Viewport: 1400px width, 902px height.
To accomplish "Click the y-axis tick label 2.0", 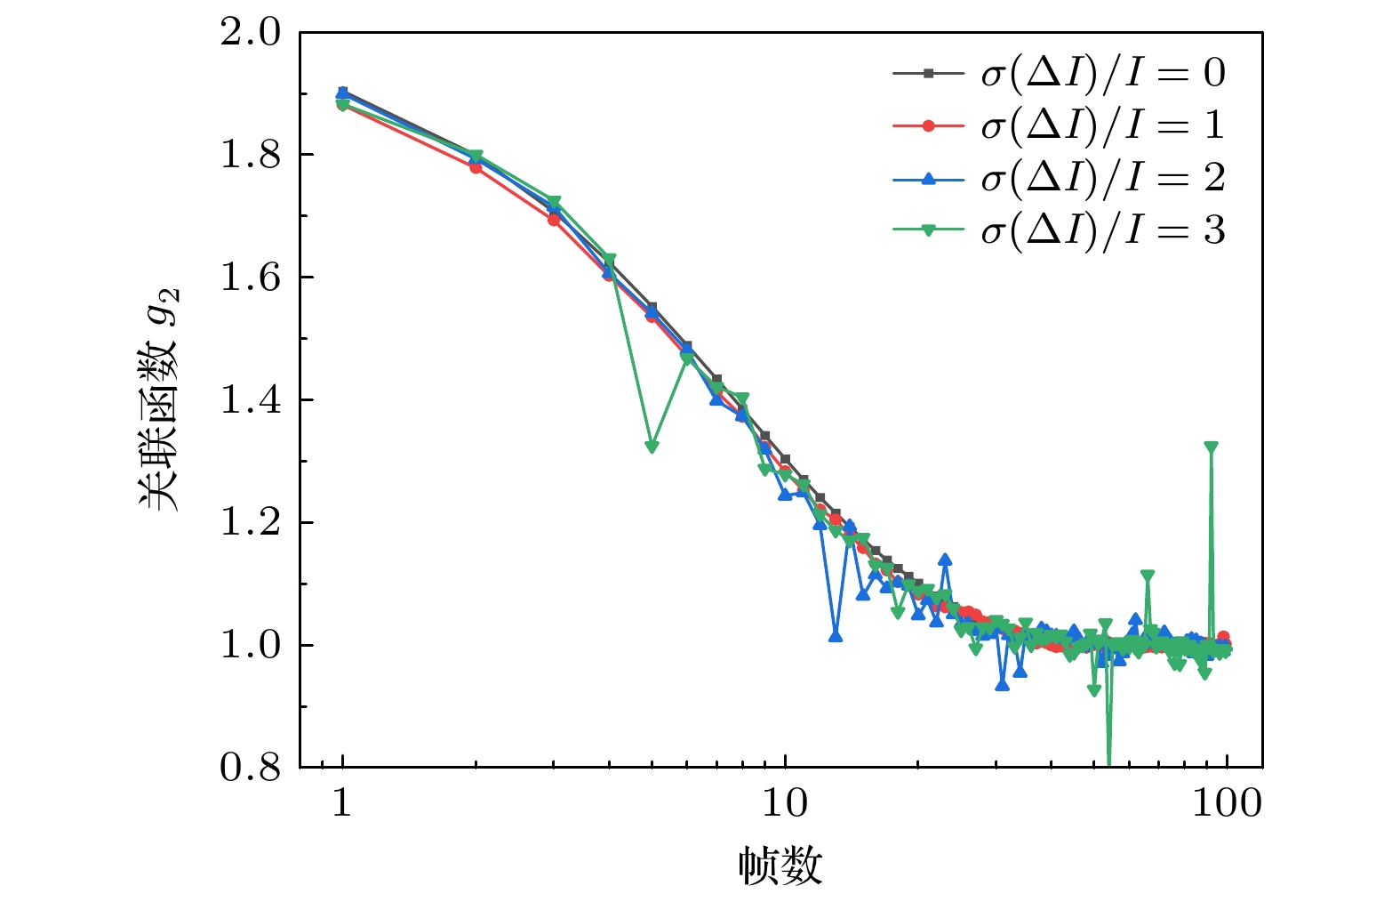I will [x=250, y=33].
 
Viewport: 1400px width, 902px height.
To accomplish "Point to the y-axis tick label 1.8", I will [x=250, y=155].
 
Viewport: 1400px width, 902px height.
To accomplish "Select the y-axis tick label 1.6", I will [x=250, y=278].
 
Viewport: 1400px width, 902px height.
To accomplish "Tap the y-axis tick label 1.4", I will [x=250, y=400].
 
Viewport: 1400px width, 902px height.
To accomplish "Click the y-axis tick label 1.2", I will [x=250, y=522].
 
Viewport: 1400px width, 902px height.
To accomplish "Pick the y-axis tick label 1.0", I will [x=250, y=645].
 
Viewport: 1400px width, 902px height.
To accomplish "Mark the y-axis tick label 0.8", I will [x=250, y=767].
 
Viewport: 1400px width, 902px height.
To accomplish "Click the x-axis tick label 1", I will [x=342, y=803].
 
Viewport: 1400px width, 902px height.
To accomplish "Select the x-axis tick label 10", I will [x=785, y=803].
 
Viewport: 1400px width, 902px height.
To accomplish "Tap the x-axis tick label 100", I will [x=1227, y=803].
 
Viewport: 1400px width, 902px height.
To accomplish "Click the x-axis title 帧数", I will [x=780, y=866].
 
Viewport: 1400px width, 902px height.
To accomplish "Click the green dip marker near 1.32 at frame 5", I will [x=652, y=447].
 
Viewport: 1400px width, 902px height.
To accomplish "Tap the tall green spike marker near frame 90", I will [x=1210, y=447].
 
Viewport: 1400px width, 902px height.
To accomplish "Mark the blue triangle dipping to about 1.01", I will [x=835, y=636].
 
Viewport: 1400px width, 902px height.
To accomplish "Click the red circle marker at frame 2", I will [x=476, y=166].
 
